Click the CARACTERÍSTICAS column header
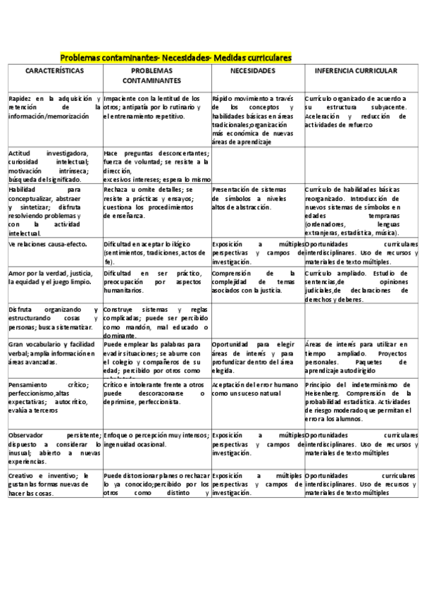click(x=54, y=71)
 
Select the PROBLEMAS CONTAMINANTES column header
click(x=156, y=76)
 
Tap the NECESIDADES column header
click(x=257, y=71)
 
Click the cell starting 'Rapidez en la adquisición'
click(x=54, y=107)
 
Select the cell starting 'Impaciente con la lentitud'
click(x=156, y=107)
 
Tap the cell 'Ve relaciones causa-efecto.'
click(x=54, y=243)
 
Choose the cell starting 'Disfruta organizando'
click(x=54, y=319)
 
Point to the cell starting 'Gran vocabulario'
click(x=54, y=353)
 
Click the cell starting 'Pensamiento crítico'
click(x=54, y=399)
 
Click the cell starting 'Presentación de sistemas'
click(x=257, y=199)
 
